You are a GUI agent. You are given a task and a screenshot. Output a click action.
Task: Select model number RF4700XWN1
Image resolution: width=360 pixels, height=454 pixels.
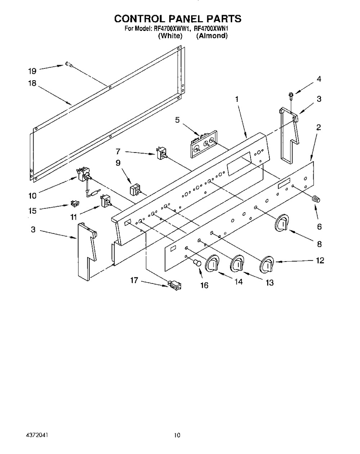(211, 28)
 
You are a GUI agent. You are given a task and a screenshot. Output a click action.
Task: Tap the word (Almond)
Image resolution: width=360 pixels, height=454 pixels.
(212, 36)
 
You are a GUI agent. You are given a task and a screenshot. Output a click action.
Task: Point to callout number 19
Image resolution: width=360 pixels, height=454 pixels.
(32, 71)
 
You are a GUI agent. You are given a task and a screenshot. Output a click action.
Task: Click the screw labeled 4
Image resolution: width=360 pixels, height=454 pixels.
(291, 96)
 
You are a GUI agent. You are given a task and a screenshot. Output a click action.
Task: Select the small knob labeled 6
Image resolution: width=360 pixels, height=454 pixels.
(316, 199)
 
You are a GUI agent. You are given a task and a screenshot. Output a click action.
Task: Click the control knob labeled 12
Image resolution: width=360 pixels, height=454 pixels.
(267, 265)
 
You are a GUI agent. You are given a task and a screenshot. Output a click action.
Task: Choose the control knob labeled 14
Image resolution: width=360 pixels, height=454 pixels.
(212, 263)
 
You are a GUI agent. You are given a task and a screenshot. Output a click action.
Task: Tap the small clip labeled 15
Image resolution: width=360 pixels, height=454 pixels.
(75, 203)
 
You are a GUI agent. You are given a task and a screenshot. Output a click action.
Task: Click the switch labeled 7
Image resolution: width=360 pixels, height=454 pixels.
(162, 153)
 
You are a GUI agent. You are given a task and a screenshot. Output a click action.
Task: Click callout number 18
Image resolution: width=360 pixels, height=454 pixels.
(32, 83)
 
